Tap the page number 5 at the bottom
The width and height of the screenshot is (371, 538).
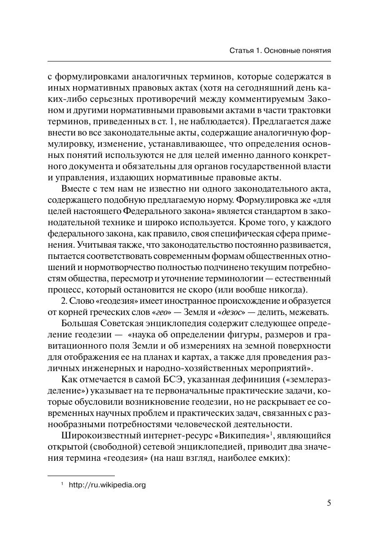[x=329, y=503]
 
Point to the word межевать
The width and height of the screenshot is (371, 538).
[x=310, y=312]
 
